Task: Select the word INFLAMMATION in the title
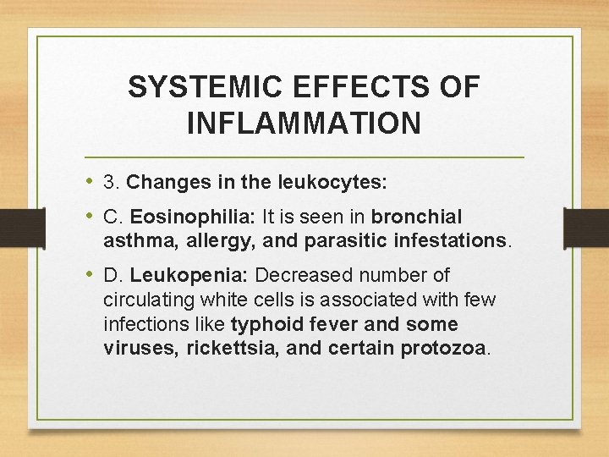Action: coord(304,124)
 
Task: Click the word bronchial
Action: coord(417,217)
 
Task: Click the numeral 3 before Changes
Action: coord(108,182)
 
